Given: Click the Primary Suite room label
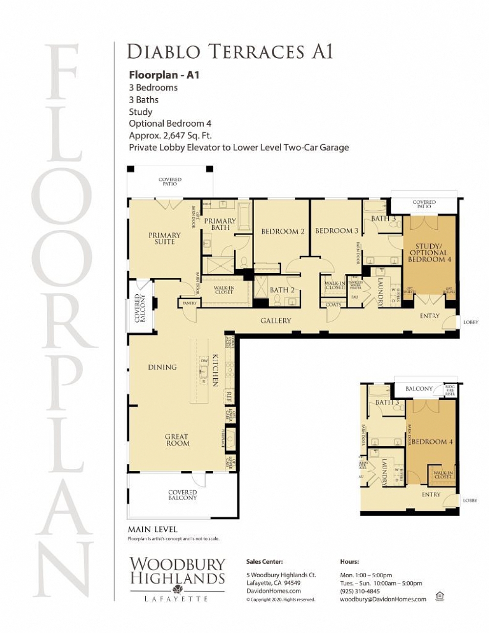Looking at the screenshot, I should pos(164,239).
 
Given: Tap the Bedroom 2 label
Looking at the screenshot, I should pos(283,231).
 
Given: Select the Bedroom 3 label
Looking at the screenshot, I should pos(336,231).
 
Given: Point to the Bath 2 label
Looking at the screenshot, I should pos(282,290).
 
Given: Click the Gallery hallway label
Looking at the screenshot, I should pos(275,321).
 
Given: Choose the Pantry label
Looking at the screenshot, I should pos(189,303).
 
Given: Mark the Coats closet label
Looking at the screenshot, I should pos(333,305).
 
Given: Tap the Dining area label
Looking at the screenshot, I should pos(162,367).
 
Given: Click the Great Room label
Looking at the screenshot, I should pos(177,440).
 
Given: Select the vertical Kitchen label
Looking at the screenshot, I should pos(215,371).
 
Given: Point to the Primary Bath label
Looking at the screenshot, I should pos(220,224).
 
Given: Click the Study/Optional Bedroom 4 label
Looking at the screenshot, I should pos(429,253).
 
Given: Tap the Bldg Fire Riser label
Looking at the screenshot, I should pos(450,390).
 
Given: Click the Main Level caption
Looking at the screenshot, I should pos(153,529).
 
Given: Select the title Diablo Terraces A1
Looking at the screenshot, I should pos(230,52).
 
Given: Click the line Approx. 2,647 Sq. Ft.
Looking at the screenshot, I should pos(170,135).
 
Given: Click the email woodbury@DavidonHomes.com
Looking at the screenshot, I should pos(383,599).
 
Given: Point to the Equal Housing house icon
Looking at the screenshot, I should pos(440,595).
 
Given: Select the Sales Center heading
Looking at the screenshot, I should pos(264,562).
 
